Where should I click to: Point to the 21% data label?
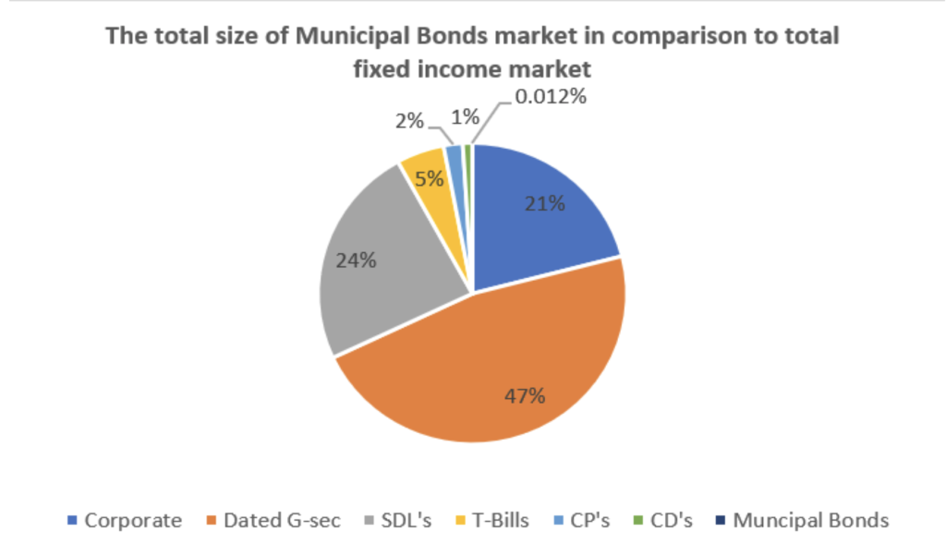pos(545,203)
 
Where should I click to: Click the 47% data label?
pos(524,396)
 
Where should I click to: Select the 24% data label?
pos(356,260)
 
